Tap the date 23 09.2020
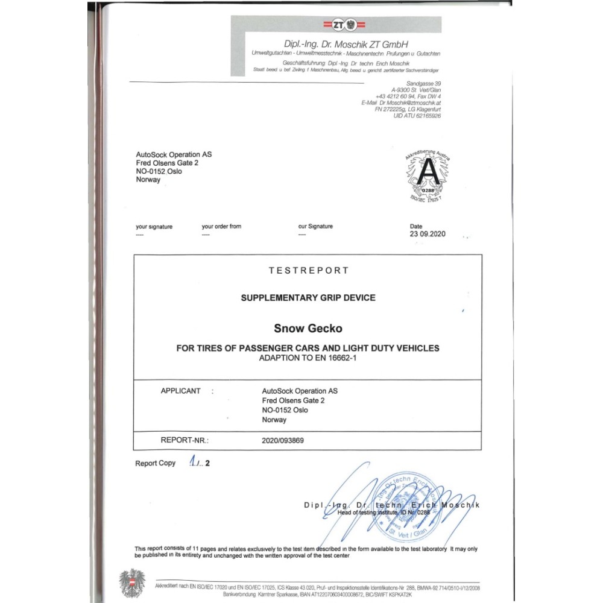427,234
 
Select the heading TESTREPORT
309,271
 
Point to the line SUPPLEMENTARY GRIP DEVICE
308,298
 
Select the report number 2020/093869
283,440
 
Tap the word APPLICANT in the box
180,391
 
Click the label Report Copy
155,463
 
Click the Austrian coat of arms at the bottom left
132,583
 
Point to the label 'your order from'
221,226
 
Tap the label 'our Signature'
315,226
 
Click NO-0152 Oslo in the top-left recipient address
159,171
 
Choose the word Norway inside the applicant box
274,420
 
